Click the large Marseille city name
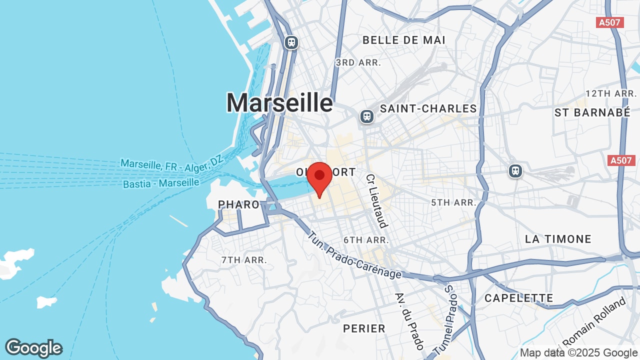279,103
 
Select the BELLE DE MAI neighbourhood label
403,40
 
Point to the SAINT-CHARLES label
428,108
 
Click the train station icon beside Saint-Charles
367,116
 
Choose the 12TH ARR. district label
611,93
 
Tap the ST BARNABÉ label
592,112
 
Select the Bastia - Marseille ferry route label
161,183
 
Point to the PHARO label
239,204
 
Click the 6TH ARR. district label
366,240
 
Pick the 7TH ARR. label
244,260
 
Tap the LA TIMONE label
558,239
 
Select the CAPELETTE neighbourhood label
518,298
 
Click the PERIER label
364,328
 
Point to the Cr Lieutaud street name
376,201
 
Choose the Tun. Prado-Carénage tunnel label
354,255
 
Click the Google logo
33,348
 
